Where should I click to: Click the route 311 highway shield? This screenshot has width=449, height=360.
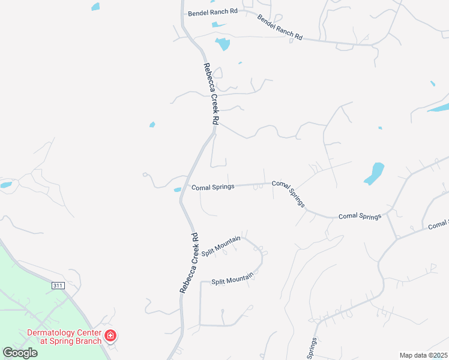(57, 286)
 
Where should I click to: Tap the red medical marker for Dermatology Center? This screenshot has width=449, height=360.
(110, 335)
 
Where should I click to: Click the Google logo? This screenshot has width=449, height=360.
(20, 352)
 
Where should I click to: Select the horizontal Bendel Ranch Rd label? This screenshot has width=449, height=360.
(212, 12)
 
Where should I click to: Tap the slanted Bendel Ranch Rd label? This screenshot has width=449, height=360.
(280, 28)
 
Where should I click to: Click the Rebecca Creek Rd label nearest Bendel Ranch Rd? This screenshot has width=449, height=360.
(211, 94)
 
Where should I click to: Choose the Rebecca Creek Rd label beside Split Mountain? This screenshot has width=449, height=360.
(188, 262)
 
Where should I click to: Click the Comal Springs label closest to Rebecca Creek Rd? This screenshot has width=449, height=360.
(212, 187)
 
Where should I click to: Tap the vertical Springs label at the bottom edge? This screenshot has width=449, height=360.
(312, 348)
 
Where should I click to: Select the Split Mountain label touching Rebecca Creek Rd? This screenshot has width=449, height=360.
(221, 246)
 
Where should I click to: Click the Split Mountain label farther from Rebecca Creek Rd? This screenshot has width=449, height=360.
(232, 278)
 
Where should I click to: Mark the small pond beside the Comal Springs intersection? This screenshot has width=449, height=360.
(178, 190)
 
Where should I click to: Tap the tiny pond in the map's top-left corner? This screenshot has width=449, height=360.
(95, 7)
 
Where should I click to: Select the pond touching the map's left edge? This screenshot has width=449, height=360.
(5, 185)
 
